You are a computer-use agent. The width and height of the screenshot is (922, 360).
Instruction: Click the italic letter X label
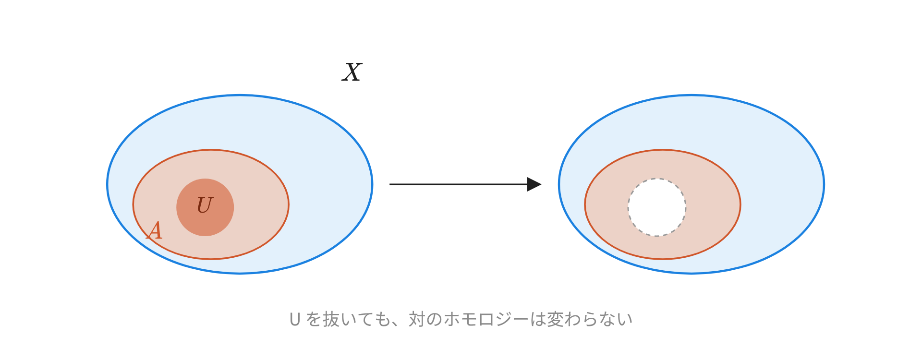352,72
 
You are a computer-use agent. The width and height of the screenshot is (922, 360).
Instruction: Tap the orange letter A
155,230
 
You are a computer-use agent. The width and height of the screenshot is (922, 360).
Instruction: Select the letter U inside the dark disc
205,205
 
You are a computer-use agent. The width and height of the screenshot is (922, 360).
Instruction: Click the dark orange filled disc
205,207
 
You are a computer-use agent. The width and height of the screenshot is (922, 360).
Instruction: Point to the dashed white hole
657,207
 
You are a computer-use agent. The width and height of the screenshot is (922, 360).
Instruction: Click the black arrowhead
534,184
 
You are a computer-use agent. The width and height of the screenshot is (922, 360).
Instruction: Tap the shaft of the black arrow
459,184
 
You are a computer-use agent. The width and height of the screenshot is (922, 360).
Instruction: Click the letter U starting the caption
295,319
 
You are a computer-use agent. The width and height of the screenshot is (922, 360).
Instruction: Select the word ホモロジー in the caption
485,319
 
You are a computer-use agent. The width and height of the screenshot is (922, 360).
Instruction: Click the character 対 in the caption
417,319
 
